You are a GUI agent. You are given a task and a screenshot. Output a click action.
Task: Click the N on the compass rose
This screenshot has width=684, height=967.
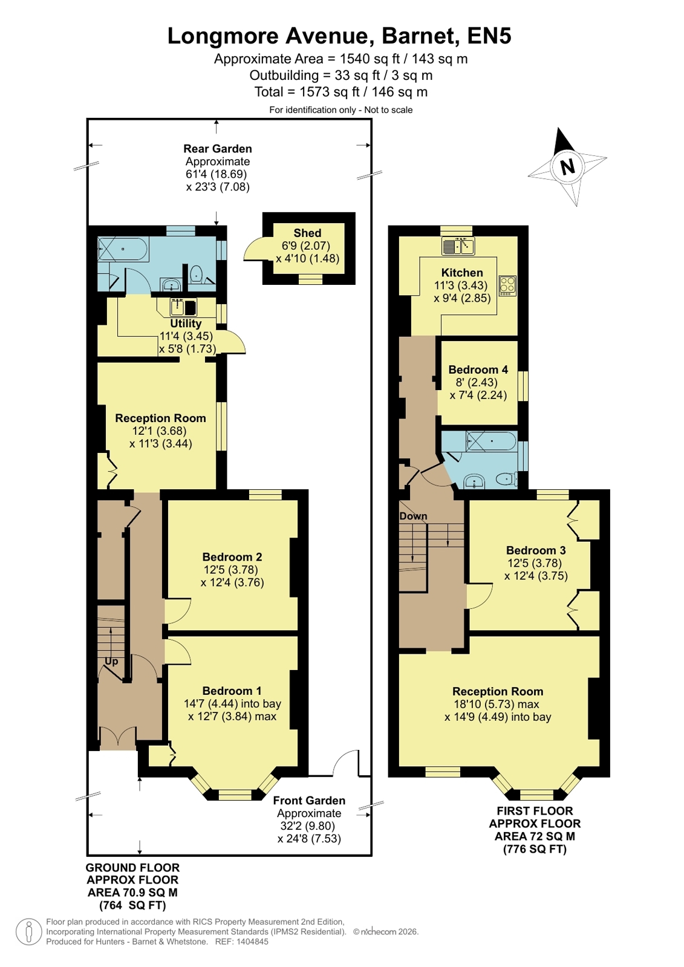coord(568,166)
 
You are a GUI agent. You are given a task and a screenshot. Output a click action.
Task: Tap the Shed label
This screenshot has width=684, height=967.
coord(307,233)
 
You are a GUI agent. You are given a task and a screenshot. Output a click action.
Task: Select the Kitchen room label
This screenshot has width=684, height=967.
coord(462,273)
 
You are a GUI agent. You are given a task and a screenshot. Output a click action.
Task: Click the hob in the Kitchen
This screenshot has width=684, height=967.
coord(507,285)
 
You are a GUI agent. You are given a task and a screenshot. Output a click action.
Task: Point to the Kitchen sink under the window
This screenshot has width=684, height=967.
coord(458,246)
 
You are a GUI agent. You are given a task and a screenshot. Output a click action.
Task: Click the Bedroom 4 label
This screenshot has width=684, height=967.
coord(478,370)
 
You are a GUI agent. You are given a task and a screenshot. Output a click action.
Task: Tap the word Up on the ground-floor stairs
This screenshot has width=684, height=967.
coord(111,662)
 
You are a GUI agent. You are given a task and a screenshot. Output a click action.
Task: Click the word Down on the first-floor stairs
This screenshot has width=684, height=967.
coord(413,516)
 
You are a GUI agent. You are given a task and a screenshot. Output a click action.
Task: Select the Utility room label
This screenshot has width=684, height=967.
coord(186,324)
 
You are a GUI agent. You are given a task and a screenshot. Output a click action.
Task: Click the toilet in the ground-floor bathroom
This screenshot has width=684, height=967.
coord(197,275)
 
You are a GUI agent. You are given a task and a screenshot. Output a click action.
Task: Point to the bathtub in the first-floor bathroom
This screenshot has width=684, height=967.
coord(491,441)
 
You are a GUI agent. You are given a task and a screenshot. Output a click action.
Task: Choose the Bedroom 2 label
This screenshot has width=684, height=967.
coord(232,557)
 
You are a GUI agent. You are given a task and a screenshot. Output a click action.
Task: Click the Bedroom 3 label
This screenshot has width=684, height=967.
coord(536,550)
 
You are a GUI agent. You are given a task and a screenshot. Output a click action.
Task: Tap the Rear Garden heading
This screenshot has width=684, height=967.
coord(218,149)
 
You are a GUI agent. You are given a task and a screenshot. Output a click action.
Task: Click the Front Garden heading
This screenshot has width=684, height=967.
coord(309,800)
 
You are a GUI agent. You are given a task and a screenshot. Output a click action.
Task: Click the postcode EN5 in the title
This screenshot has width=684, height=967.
coord(490,36)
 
